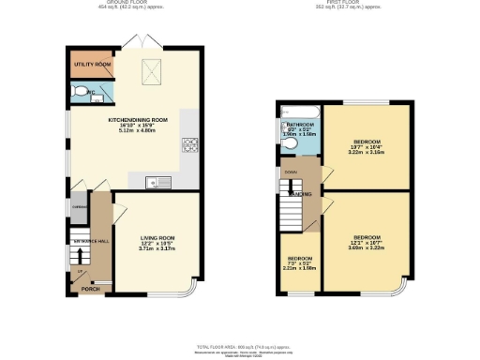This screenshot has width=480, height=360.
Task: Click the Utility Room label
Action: coord(91,66)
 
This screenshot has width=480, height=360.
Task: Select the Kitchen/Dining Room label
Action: coord(138,120)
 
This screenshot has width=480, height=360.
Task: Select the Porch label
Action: coord(90,289)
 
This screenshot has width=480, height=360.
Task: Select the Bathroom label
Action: coord(300,124)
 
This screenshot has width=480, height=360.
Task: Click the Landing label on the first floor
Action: coord(300,194)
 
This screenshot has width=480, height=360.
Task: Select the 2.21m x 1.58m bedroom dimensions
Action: coord(299,268)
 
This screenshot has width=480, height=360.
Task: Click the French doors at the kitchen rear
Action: coord(138,42)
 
